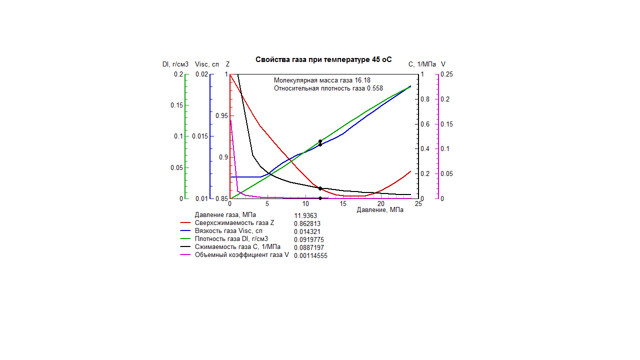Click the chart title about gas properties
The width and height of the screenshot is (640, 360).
[x=323, y=59]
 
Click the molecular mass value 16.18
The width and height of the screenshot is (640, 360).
[x=362, y=80]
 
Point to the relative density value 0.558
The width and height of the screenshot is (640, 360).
[x=375, y=88]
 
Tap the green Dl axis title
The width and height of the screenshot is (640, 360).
[x=175, y=64]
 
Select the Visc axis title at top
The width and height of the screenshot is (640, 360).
[x=207, y=64]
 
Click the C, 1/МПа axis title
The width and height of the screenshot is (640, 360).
[x=422, y=64]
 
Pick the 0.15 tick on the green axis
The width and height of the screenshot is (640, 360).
[x=176, y=105]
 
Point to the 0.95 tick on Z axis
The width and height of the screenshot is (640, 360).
[x=221, y=115]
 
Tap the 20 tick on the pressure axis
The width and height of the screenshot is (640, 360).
[x=381, y=203]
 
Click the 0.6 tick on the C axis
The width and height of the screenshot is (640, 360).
[x=425, y=124]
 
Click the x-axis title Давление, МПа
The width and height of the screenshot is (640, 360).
[x=380, y=210]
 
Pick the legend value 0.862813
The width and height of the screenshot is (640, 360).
[x=307, y=223]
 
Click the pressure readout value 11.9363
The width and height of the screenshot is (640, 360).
[x=305, y=215]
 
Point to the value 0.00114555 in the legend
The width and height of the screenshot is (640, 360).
[x=310, y=255]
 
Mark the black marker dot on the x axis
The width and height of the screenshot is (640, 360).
[x=320, y=198]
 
